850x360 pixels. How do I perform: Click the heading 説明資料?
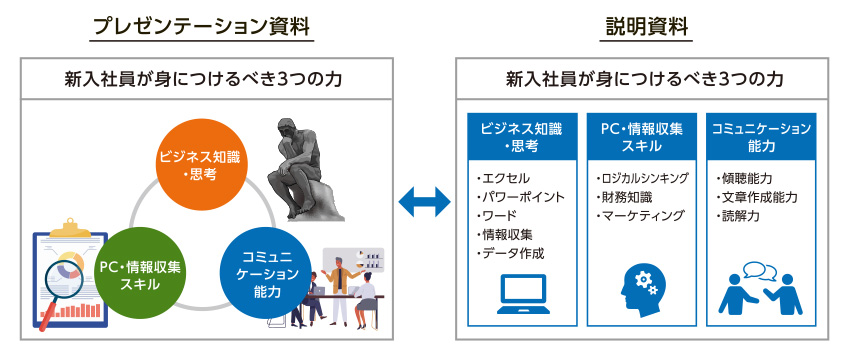coord(647,27)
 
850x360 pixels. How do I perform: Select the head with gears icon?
coord(643,290)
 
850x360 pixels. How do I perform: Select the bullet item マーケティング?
coord(639,215)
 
